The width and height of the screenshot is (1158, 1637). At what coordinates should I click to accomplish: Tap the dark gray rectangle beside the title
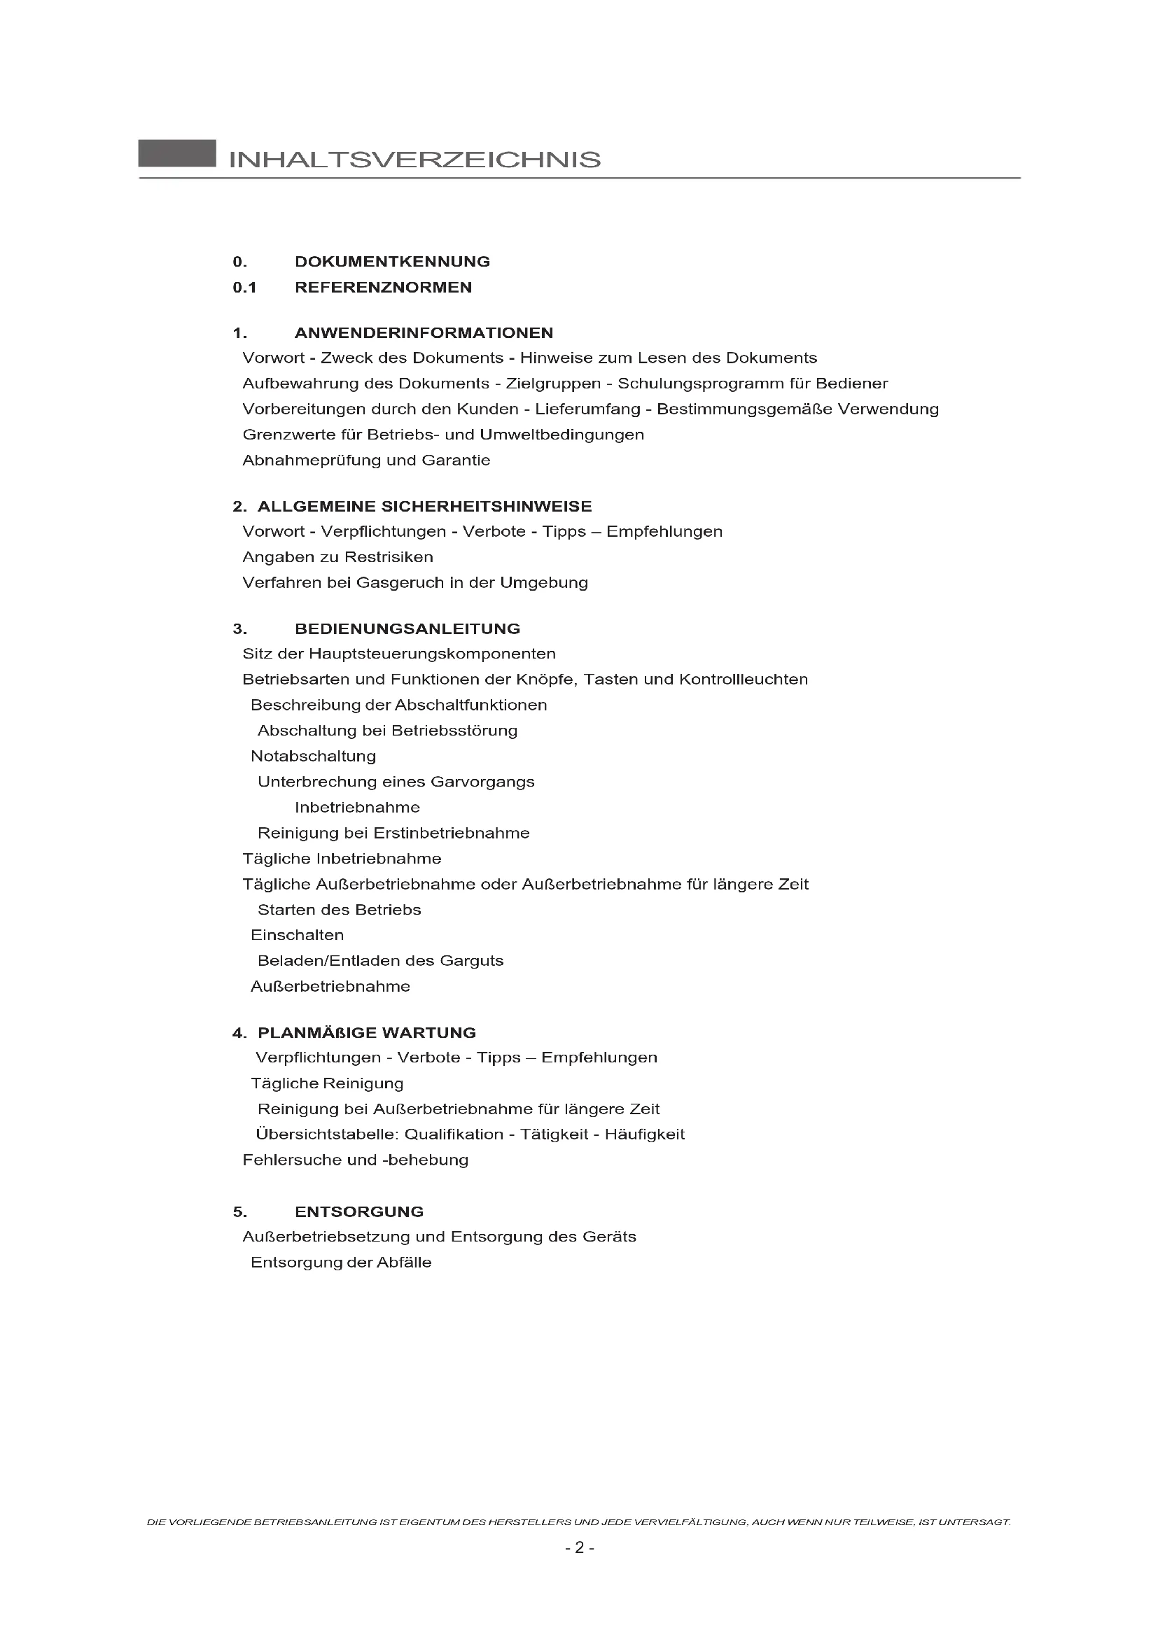click(x=177, y=153)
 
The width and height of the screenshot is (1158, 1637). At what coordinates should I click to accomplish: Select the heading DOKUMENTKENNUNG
click(x=392, y=262)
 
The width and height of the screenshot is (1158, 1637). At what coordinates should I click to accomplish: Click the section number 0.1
click(x=244, y=288)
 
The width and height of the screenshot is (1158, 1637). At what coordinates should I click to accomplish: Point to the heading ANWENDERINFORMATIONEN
click(x=424, y=333)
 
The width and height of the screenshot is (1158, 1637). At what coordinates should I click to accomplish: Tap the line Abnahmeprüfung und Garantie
click(x=365, y=461)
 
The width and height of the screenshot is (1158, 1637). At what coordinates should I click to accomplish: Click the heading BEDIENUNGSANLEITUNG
click(x=407, y=629)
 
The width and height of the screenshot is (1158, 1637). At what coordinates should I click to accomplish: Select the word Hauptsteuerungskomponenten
click(x=432, y=654)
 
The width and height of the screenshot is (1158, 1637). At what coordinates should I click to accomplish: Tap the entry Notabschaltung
click(x=313, y=757)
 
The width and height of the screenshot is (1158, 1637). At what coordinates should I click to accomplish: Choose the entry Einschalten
click(x=297, y=936)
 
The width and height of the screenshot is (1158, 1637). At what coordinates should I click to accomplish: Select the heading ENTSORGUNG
click(x=358, y=1212)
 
